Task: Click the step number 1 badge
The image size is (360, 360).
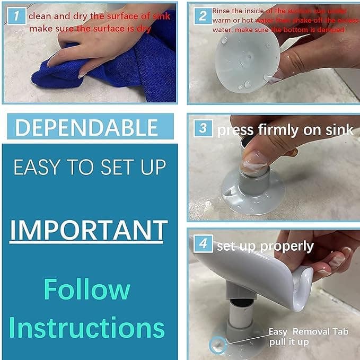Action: point(16,16)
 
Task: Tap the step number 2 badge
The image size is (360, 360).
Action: point(203,16)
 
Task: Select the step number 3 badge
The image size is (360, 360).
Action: point(203,129)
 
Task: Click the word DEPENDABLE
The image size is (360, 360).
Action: point(87,128)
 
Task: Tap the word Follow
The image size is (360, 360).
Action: point(87,289)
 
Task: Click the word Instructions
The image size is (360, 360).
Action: point(87,328)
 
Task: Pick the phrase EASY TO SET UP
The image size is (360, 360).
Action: point(89,168)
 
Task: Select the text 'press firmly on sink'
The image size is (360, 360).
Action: point(285,130)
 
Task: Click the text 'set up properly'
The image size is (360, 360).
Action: point(265,246)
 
